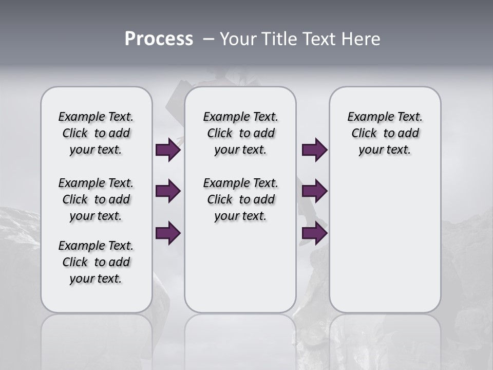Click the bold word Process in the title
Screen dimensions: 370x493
pyautogui.click(x=159, y=39)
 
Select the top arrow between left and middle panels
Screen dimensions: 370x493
pyautogui.click(x=168, y=150)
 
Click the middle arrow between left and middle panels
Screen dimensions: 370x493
pyautogui.click(x=168, y=191)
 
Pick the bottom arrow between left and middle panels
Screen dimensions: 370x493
pyautogui.click(x=168, y=233)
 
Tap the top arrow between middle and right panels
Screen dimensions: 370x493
pyautogui.click(x=314, y=150)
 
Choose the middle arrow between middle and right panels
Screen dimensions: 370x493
pyautogui.click(x=314, y=191)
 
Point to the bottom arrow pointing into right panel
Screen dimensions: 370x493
pyautogui.click(x=314, y=233)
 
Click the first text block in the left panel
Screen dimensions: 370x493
pyautogui.click(x=96, y=133)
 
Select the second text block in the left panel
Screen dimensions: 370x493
pyautogui.click(x=96, y=199)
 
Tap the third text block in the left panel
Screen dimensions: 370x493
pyautogui.click(x=96, y=262)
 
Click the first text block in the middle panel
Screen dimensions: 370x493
pyautogui.click(x=240, y=133)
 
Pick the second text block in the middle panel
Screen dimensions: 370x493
pyautogui.click(x=240, y=199)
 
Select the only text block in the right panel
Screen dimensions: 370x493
pyautogui.click(x=385, y=133)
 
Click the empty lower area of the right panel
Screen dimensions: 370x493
pyautogui.click(x=385, y=247)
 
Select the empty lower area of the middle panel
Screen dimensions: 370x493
pyautogui.click(x=240, y=267)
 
